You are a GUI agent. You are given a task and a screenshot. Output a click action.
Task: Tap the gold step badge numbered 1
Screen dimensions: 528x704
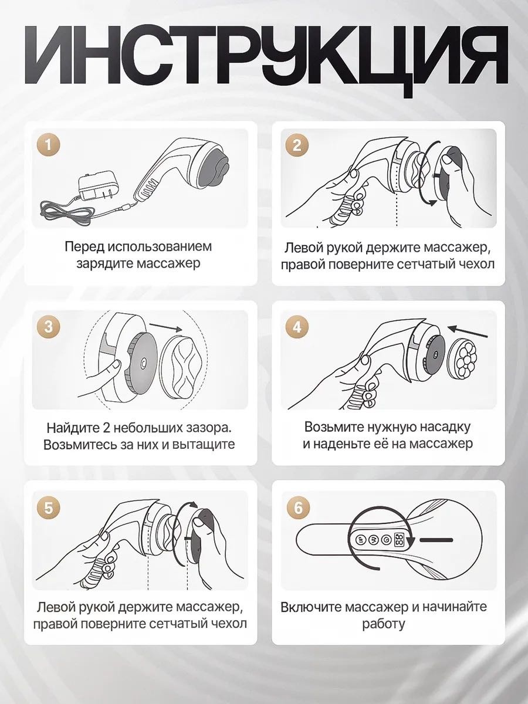pos(49,145)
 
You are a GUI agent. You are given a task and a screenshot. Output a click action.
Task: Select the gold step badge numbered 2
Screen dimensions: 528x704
pos(297,145)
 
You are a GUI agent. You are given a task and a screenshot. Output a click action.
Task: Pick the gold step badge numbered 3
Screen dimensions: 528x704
pos(49,327)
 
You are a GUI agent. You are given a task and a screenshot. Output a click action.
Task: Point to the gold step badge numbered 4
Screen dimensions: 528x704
pos(297,327)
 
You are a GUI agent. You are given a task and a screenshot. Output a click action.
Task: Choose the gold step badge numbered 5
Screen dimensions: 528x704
pos(49,507)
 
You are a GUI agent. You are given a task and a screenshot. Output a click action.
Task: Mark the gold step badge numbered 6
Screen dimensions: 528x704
pos(298,507)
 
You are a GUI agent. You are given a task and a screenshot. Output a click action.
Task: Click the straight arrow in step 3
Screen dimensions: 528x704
pos(166,327)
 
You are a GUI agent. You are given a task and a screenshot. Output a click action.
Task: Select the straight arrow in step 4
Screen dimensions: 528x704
pos(468,332)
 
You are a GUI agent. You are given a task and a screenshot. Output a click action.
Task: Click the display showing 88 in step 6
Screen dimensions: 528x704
pos(399,540)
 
